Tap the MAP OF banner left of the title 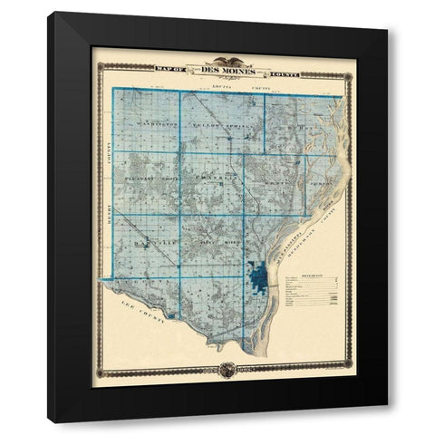coord(172,69)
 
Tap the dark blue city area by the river coord(258,275)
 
